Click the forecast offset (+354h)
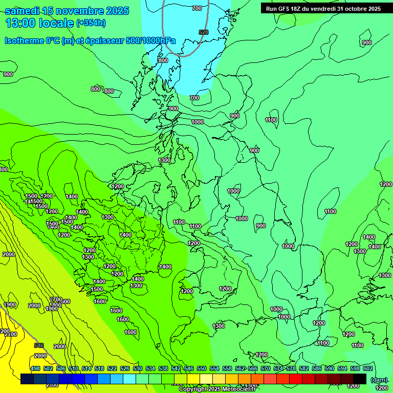tap(91, 23)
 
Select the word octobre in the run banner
tap(351, 9)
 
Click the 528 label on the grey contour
tap(204, 32)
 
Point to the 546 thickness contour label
tap(39, 345)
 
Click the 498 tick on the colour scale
tap(35, 368)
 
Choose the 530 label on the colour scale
tap(138, 368)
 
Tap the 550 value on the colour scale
tap(202, 368)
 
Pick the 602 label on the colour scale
tap(367, 368)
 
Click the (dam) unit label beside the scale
tap(378, 380)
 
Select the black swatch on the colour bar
tap(360, 379)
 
